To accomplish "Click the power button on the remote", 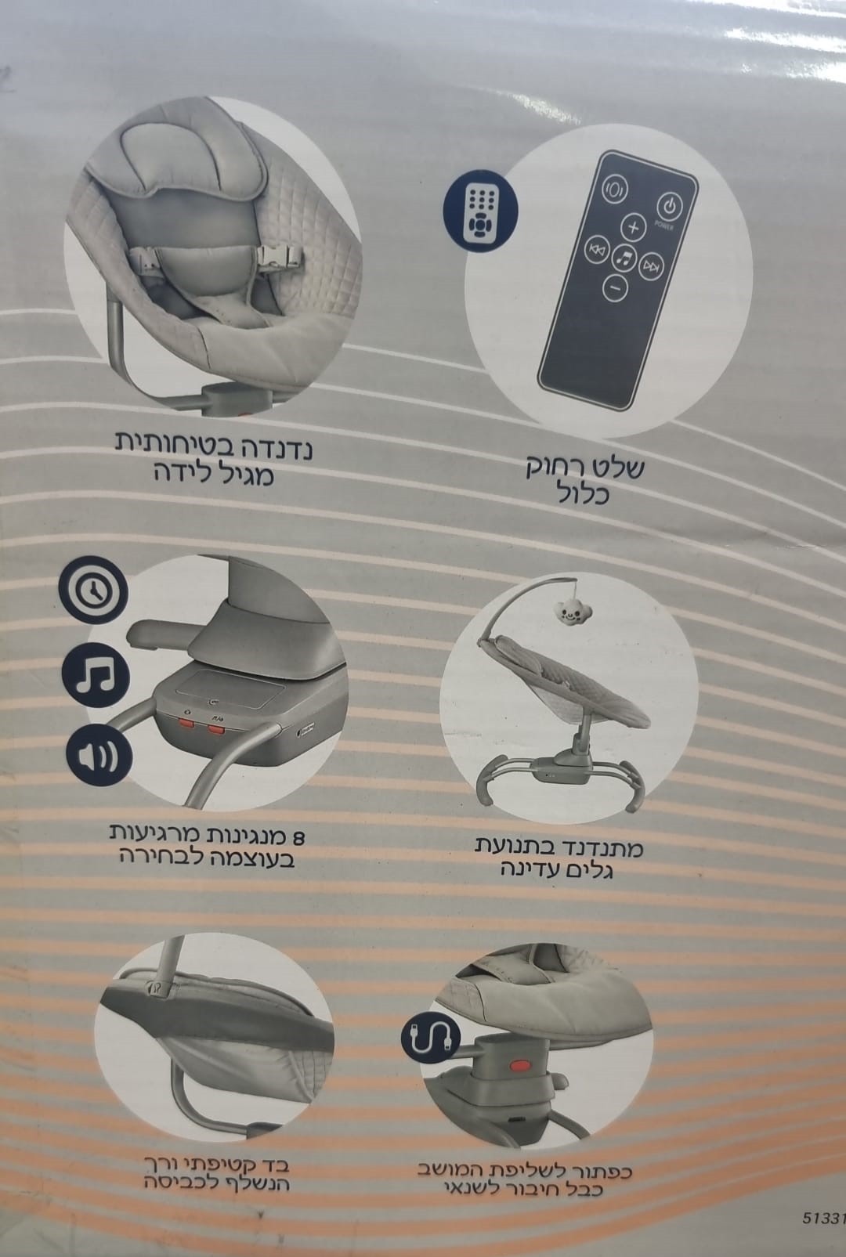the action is [669, 208].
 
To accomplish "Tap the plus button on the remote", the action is [633, 228].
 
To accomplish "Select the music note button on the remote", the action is [624, 258].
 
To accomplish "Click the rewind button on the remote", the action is [597, 250].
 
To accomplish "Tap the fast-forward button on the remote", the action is [651, 265].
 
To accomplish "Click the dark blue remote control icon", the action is [480, 211].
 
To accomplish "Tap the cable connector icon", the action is [431, 1038].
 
